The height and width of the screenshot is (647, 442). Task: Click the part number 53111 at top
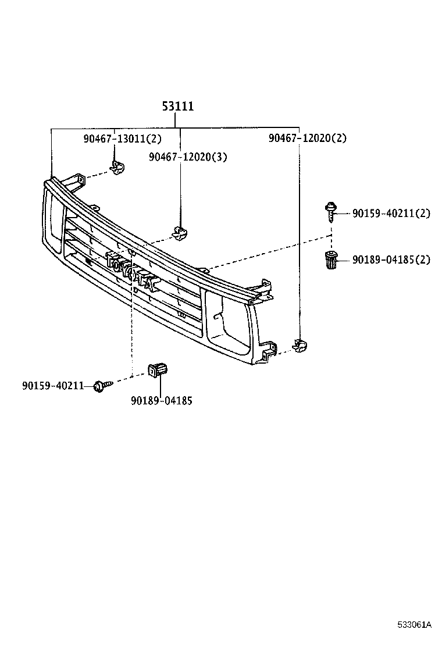[x=177, y=107]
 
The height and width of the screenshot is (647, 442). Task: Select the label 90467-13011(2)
[x=122, y=138]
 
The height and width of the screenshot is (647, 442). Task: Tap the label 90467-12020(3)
[x=188, y=157]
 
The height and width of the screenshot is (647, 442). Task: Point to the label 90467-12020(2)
[x=308, y=138]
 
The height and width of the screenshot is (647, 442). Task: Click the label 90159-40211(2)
[x=391, y=214]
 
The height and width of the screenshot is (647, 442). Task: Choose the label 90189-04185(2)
[x=391, y=259]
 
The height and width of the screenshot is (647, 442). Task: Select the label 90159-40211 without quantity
[x=54, y=385]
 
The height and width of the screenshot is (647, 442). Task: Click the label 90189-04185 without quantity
[x=162, y=400]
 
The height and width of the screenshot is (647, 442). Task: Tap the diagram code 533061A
[x=414, y=625]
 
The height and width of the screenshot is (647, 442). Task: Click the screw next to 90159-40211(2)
[x=330, y=210]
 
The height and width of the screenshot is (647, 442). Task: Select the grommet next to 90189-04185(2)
[x=330, y=259]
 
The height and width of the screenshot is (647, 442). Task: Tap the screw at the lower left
[x=100, y=385]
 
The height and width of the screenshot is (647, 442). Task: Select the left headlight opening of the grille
[x=52, y=222]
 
